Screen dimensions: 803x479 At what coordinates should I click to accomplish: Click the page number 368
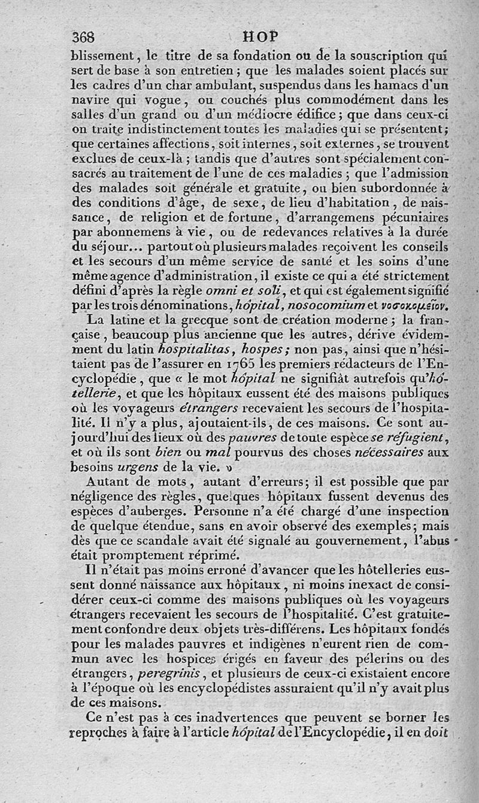[83, 37]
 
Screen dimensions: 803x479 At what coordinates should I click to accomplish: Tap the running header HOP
[261, 36]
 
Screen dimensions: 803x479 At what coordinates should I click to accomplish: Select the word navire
[90, 100]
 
